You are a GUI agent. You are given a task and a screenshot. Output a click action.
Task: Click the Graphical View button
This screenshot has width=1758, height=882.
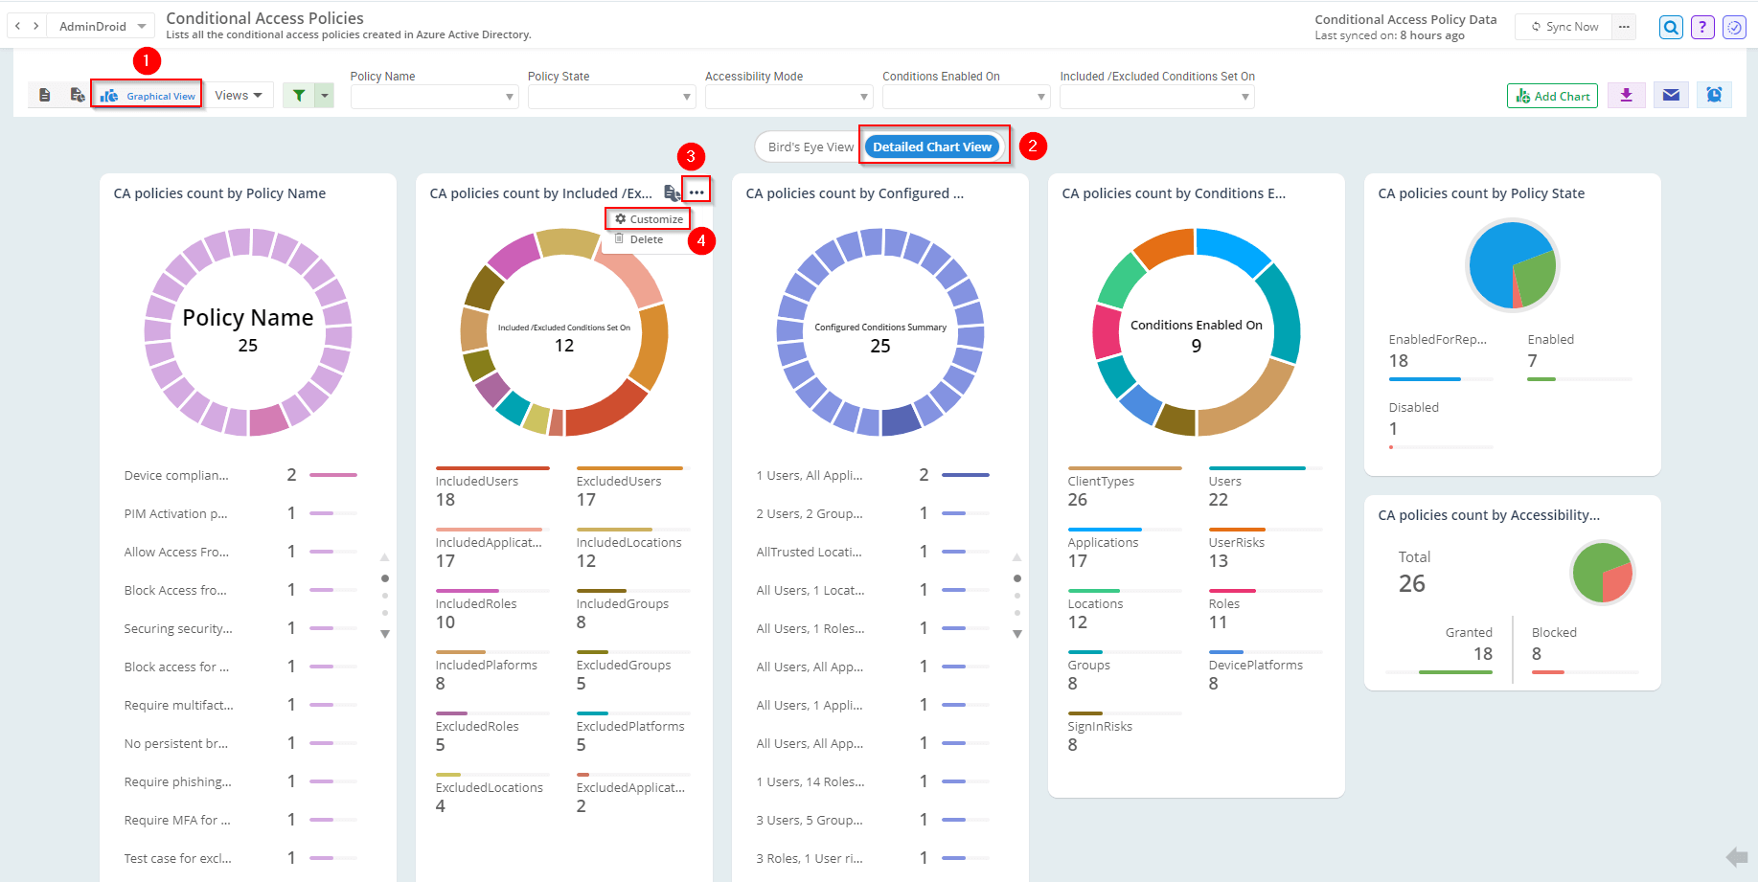coord(148,96)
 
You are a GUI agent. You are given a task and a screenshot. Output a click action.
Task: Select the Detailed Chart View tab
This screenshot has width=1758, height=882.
coord(931,147)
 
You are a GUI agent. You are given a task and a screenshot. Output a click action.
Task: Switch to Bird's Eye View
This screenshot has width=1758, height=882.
coord(810,147)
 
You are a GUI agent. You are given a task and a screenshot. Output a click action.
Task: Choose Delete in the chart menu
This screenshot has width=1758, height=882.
coord(646,239)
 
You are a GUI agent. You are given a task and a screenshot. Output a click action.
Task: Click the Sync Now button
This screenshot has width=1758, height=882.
coord(1564,27)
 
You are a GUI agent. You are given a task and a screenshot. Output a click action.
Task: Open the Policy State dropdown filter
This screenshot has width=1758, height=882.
coord(610,97)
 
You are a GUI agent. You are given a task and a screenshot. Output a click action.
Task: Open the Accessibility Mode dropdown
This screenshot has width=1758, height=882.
coord(788,97)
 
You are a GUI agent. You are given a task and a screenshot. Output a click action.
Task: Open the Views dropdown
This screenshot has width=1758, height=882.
coord(239,95)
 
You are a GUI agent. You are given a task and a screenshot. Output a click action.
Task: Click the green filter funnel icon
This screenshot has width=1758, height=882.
coord(299,95)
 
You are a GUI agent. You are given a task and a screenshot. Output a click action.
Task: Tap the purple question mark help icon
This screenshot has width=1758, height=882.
coord(1702,27)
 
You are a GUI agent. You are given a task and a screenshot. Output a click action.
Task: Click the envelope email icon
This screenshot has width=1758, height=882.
coord(1671,95)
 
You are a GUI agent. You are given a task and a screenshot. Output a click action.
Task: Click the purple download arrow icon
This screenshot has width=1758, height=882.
coord(1626,95)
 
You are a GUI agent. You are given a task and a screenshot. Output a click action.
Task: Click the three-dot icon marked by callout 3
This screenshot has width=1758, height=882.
coord(696,192)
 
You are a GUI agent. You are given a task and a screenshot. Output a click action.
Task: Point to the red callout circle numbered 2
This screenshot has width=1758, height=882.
coord(1032,147)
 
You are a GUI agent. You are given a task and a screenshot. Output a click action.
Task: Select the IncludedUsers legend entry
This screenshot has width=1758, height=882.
coord(477,482)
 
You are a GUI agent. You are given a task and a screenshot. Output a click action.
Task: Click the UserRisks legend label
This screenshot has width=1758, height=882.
coord(1236,543)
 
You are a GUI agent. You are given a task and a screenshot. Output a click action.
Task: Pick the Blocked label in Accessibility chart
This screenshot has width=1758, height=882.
coord(1553,633)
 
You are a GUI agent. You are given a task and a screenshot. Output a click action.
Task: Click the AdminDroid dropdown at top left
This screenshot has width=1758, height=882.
coord(102,27)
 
